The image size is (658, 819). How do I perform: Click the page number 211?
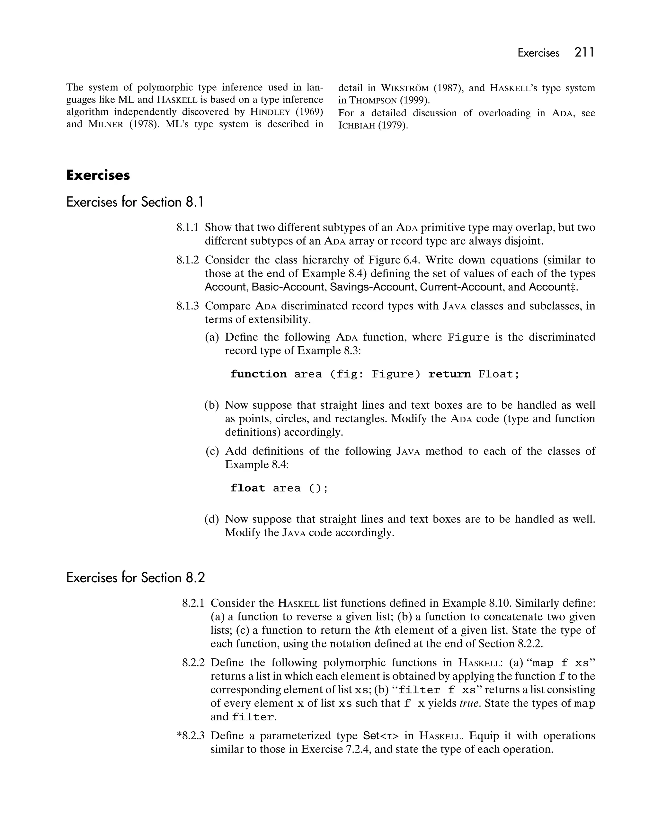pos(584,52)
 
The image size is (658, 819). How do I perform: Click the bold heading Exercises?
pos(98,175)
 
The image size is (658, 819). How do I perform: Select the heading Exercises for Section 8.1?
pos(135,202)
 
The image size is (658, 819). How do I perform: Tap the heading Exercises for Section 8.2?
pos(135,577)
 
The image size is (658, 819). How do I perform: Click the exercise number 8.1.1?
pos(187,227)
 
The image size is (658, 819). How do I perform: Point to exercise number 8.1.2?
pos(187,260)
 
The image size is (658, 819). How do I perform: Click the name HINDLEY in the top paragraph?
pos(270,112)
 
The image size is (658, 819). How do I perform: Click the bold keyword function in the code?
pos(258,374)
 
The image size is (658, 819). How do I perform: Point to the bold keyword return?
pos(449,374)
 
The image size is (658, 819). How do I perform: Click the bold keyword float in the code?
pos(247,488)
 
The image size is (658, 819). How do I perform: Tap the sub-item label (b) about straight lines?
pos(212,405)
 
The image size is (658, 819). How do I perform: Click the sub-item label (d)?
pos(212,519)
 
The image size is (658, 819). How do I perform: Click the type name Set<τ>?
pos(381,736)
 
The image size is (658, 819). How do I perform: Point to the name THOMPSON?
pos(373,101)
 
